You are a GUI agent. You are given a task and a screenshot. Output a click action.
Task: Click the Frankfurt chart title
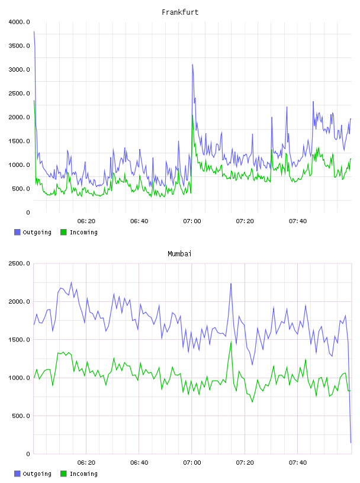tap(180, 12)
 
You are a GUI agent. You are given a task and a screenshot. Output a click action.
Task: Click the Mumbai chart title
tap(179, 254)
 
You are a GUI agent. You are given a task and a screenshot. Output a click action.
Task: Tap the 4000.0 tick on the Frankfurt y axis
tap(20, 22)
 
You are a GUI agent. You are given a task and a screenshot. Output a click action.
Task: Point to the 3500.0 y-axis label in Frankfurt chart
tap(20, 46)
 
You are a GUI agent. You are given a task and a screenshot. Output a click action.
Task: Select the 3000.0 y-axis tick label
tap(20, 70)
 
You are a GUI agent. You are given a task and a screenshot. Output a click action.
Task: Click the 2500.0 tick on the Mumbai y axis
tap(20, 263)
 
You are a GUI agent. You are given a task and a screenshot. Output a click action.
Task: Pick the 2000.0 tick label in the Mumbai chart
tap(20, 301)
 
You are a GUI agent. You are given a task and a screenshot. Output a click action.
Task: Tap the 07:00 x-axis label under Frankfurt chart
tap(192, 221)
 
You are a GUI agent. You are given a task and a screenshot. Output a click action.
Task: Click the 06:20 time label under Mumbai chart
tap(86, 463)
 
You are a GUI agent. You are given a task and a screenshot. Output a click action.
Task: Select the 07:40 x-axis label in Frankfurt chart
tap(298, 221)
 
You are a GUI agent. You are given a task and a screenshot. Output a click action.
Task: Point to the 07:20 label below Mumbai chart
tap(245, 463)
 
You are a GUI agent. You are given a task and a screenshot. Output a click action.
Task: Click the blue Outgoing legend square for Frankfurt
tap(17, 232)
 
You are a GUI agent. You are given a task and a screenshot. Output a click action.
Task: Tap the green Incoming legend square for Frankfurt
tap(63, 232)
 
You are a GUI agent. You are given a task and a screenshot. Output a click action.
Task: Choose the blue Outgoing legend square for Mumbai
tap(17, 474)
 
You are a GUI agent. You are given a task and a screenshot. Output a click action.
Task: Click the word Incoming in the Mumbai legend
tap(83, 474)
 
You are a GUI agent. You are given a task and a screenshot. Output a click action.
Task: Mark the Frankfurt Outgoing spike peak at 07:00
tap(192, 65)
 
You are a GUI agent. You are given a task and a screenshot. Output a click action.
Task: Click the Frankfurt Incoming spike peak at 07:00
tap(192, 115)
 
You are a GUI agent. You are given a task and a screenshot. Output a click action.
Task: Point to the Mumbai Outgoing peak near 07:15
tap(231, 284)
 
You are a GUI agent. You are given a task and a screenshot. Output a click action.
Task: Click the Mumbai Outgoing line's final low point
tap(351, 443)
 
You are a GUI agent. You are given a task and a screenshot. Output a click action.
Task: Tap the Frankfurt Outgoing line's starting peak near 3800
tap(34, 31)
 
